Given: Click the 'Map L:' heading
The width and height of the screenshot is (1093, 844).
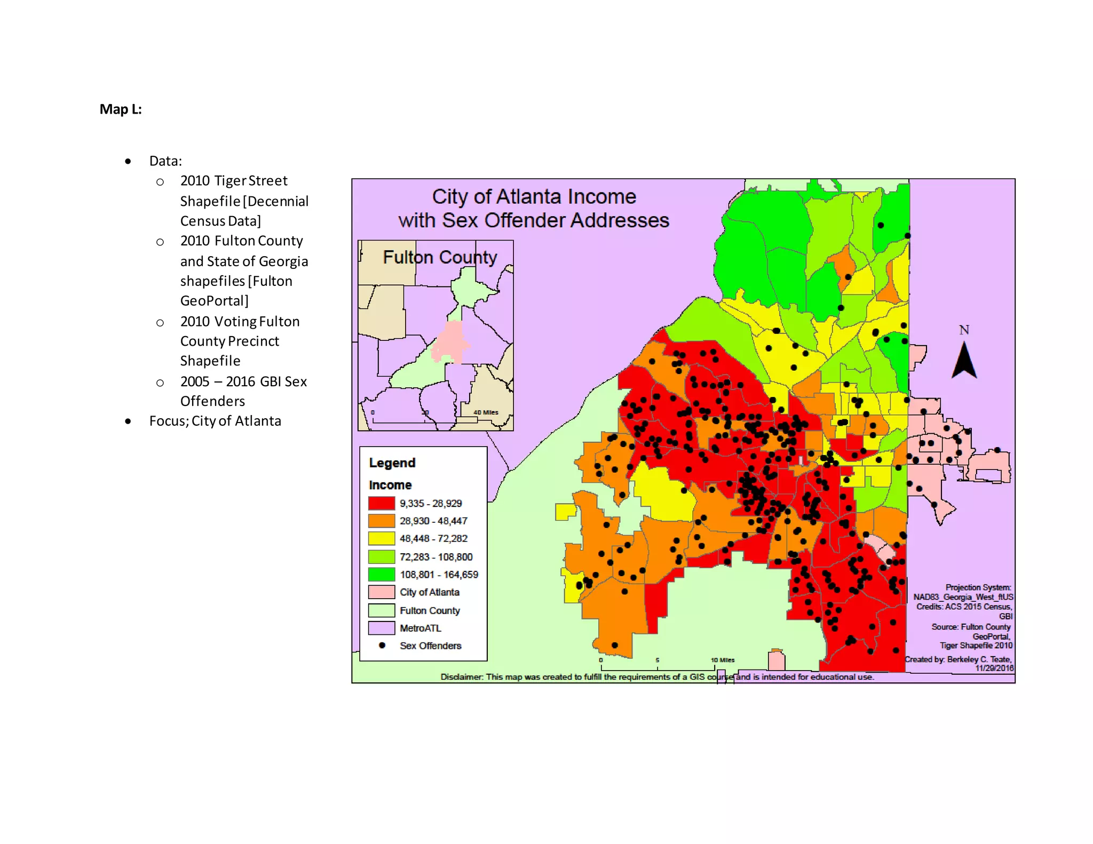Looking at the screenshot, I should tap(121, 109).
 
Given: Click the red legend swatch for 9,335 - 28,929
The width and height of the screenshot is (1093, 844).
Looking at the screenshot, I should tap(381, 503).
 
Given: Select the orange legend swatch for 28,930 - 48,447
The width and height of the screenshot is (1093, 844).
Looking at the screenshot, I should tap(381, 521).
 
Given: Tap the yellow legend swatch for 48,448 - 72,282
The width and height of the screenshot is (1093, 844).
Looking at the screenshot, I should tap(381, 538).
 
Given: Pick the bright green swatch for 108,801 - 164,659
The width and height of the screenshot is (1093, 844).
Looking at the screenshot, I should tap(381, 575).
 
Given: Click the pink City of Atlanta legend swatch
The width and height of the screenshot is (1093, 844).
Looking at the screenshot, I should tap(381, 592).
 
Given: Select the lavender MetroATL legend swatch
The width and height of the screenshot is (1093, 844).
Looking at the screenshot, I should tap(381, 628).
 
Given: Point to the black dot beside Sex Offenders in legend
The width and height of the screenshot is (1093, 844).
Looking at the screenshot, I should tap(382, 646).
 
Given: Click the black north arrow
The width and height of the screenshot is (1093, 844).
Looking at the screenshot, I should tap(964, 362).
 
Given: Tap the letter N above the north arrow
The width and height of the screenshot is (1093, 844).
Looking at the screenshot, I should tap(964, 330).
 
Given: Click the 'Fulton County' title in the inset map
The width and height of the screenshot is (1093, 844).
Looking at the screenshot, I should tap(440, 258).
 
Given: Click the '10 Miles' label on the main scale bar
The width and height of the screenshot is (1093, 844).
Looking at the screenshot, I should tap(723, 660).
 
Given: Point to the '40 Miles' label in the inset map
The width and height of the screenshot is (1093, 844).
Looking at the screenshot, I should tap(486, 412).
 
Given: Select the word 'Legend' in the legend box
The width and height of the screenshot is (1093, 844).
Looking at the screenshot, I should tap(392, 463).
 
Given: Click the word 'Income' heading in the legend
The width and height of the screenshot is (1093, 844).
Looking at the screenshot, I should tap(390, 485).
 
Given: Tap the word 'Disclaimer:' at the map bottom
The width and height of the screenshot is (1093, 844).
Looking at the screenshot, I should tap(462, 677).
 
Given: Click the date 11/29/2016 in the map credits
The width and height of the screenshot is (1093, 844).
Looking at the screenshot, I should tap(994, 668).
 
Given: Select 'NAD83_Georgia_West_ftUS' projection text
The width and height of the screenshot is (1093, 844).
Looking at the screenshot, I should tap(963, 597).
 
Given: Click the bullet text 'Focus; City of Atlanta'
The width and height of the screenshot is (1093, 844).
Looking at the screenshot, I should tap(215, 421).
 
